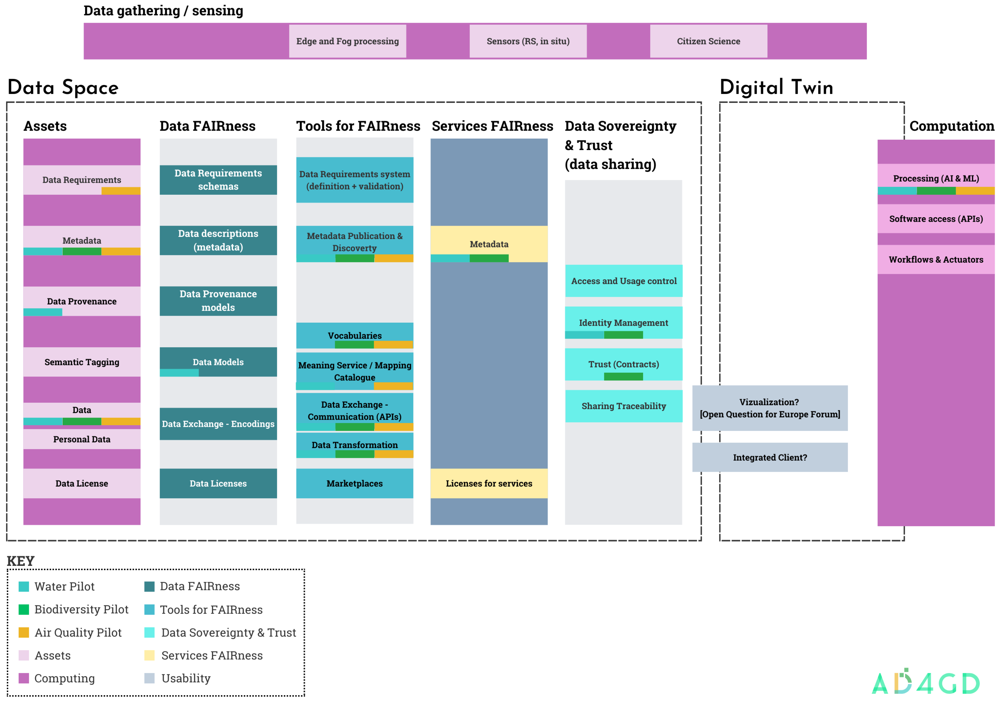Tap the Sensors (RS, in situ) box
tap(528, 41)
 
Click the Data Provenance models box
tap(218, 301)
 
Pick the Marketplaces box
tap(355, 483)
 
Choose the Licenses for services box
tap(489, 483)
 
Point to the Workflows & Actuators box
tap(936, 260)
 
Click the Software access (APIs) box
tap(936, 219)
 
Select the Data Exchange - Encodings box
tap(218, 424)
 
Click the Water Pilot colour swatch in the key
tap(24, 586)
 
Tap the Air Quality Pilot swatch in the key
tap(24, 632)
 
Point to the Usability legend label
tap(186, 678)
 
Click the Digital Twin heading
tap(776, 87)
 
